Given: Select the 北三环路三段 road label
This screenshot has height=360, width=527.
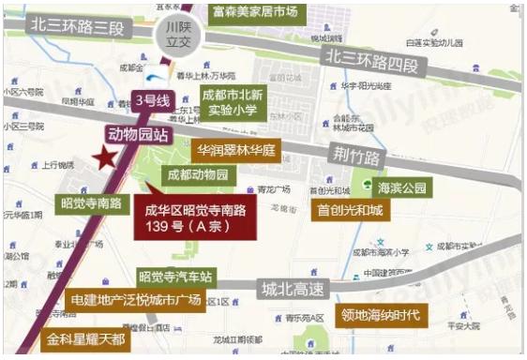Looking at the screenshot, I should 76,26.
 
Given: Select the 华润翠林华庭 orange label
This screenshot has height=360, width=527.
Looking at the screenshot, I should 234,150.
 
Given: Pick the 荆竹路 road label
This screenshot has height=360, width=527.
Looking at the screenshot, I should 356,153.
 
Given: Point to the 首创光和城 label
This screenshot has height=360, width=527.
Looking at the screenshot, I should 349,211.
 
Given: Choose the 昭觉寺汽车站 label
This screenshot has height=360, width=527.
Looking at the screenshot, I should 176,277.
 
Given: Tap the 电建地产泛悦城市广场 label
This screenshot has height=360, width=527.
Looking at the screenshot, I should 136,300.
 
